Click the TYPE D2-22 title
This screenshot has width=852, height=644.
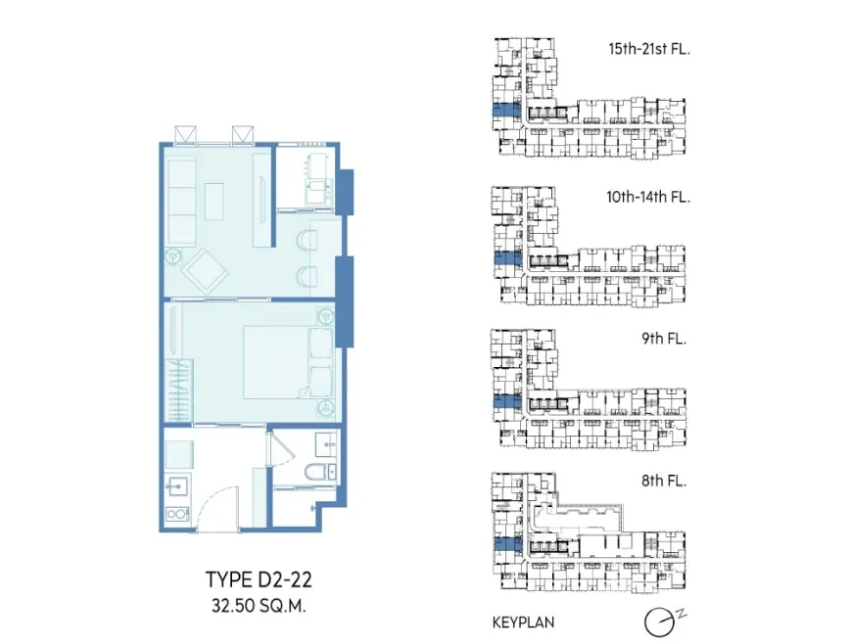[259, 579]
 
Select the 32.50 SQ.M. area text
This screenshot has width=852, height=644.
[259, 606]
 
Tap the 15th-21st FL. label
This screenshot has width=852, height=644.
[648, 49]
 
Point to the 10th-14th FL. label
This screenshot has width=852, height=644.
[648, 197]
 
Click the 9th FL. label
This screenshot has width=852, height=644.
[664, 339]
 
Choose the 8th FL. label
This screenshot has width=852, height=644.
[664, 481]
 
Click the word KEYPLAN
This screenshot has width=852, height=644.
[523, 622]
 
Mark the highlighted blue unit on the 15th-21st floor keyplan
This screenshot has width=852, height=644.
[506, 111]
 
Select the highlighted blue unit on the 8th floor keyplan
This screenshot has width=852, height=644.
[506, 543]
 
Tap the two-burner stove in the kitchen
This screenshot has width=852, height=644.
[177, 513]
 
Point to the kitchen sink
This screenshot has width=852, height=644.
[177, 486]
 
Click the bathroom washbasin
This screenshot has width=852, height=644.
[326, 443]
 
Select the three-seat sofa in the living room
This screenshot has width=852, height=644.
[181, 202]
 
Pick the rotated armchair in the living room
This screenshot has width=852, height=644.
[206, 271]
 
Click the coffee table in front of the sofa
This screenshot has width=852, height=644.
[214, 202]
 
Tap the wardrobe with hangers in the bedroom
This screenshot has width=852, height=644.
[179, 390]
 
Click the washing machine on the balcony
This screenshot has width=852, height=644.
[319, 192]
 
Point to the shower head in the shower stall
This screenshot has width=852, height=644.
[311, 508]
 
